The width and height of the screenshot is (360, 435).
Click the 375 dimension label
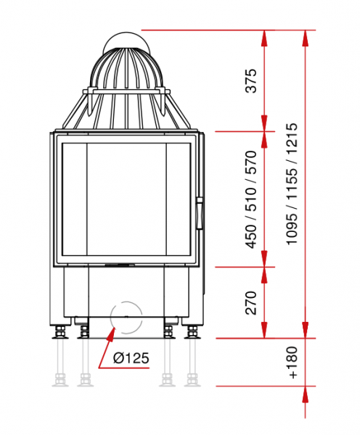pos(251,80)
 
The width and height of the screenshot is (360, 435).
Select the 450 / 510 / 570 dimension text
pos(251,199)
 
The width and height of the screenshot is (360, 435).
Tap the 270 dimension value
pos(251,302)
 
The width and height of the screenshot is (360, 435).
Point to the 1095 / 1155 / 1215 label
pos(292,183)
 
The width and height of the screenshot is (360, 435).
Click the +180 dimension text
pos(292,362)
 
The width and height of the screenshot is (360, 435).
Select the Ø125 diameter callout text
pos(131,358)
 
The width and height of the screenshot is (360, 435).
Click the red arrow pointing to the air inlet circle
pos(107,347)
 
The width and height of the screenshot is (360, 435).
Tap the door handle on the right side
pos(199,213)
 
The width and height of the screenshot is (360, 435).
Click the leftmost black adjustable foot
pos(60,332)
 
